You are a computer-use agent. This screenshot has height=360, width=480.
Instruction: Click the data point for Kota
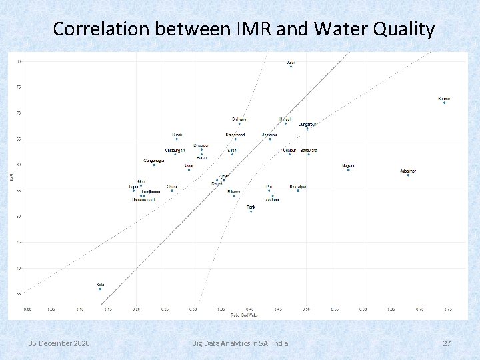pos(100,289)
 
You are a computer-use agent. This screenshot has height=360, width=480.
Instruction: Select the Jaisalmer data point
pos(408,175)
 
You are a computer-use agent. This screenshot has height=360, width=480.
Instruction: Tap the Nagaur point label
pos(348,165)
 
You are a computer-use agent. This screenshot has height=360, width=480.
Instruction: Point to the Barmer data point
pos(444,103)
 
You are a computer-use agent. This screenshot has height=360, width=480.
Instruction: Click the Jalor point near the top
pos(291,67)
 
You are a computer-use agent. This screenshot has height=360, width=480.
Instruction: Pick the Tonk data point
pos(251,211)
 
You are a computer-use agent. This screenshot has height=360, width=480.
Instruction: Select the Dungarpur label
pos(307,124)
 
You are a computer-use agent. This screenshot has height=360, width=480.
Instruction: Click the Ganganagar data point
pos(154,165)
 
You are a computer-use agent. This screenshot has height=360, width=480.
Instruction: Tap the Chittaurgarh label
pos(175,150)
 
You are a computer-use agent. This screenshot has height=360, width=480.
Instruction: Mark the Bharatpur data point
pos(298,191)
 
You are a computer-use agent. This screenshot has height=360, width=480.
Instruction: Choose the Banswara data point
pos(308,154)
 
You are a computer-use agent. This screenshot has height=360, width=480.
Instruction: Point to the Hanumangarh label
pos(144,199)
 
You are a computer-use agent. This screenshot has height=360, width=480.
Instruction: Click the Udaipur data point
pos(289,154)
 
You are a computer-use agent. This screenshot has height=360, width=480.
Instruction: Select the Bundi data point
pos(177,139)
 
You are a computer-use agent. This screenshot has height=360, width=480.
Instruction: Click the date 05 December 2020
pos(59,343)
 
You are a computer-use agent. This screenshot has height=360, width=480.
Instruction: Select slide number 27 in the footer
pos(447,343)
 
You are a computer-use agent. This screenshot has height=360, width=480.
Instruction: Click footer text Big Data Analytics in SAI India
pos(240,343)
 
